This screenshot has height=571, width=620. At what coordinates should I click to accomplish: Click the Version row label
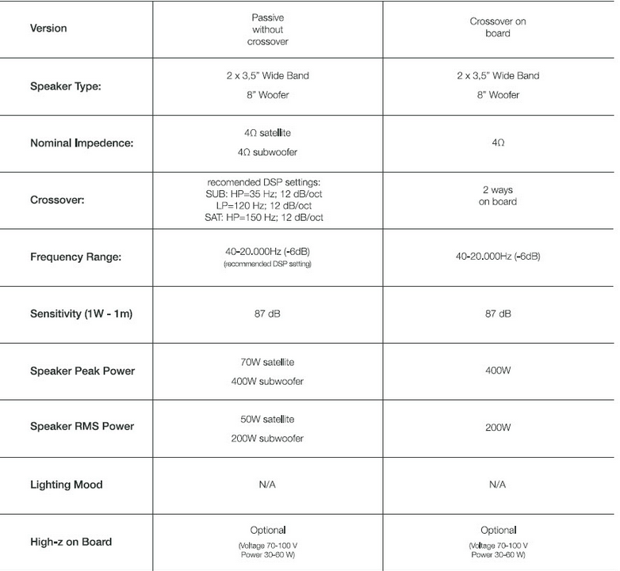pyautogui.click(x=48, y=29)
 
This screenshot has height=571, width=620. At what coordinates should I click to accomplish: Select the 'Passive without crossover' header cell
pyautogui.click(x=267, y=29)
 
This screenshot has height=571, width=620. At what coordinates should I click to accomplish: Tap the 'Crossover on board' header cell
pyautogui.click(x=498, y=28)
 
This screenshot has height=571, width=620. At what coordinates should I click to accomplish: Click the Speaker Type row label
pyautogui.click(x=66, y=86)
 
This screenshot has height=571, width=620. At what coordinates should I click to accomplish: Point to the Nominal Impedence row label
pyautogui.click(x=81, y=143)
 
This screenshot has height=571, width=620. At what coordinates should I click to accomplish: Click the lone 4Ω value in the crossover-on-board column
pyautogui.click(x=498, y=143)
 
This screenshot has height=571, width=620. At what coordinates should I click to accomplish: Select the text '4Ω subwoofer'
pyautogui.click(x=267, y=152)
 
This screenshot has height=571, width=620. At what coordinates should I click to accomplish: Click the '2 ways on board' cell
pyautogui.click(x=498, y=196)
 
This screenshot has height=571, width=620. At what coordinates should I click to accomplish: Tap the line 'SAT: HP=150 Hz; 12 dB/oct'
pyautogui.click(x=265, y=217)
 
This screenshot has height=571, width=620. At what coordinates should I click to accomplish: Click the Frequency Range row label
pyautogui.click(x=76, y=257)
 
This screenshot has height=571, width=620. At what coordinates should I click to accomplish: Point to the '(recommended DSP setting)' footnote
pyautogui.click(x=267, y=264)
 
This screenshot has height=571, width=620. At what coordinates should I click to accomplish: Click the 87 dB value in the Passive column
pyautogui.click(x=267, y=314)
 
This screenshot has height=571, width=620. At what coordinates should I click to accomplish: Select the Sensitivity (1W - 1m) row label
pyautogui.click(x=81, y=314)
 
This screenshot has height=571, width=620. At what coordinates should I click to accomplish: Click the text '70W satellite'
pyautogui.click(x=267, y=362)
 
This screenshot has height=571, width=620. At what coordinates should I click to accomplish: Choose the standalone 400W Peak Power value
pyautogui.click(x=498, y=371)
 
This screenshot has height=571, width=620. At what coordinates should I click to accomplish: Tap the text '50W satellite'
pyautogui.click(x=267, y=419)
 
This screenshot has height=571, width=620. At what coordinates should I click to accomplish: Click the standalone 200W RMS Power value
pyautogui.click(x=498, y=428)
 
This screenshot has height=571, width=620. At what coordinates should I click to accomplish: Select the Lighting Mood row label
pyautogui.click(x=67, y=485)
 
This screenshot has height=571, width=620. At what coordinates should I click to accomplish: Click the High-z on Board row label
pyautogui.click(x=71, y=542)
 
